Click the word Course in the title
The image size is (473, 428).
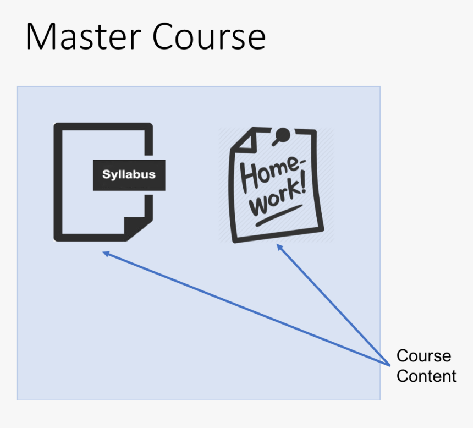point(209,37)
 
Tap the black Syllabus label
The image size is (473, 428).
point(129,175)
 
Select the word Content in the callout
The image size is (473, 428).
point(426,376)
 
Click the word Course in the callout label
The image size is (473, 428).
point(424,356)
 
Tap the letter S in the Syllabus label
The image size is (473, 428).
point(106,175)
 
